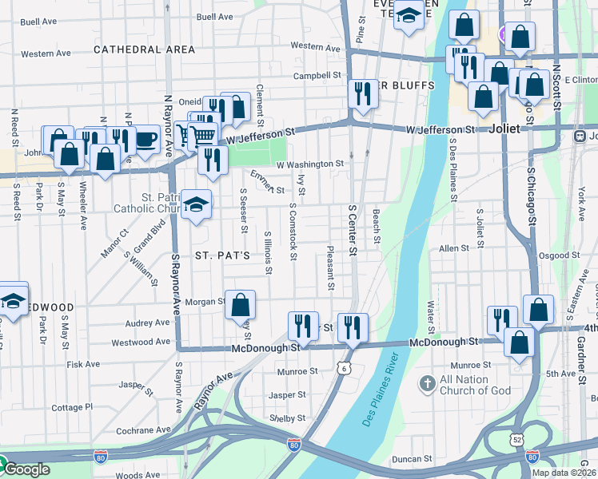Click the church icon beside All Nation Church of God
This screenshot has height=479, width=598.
click(428, 385)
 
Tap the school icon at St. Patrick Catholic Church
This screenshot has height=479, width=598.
click(196, 205)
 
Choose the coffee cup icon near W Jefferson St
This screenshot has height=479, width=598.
click(146, 139)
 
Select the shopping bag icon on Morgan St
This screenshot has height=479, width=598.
click(240, 304)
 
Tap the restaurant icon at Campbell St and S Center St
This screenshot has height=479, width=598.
click(362, 93)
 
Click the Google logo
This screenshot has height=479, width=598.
click(26, 469)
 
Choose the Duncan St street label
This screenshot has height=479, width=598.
click(413, 460)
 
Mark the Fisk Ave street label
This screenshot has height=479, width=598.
click(83, 364)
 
